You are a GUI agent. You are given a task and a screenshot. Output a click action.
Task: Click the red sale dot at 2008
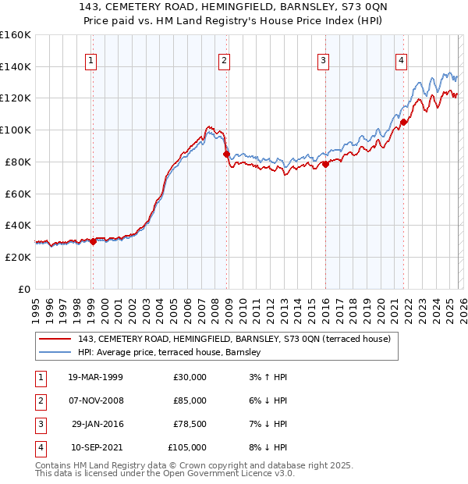pyautogui.click(x=227, y=154)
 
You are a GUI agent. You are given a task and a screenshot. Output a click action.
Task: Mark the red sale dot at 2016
pyautogui.click(x=326, y=164)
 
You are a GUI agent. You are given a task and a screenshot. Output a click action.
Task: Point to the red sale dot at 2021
pyautogui.click(x=404, y=122)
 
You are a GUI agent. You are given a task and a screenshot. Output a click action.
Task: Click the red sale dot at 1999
pyautogui.click(x=93, y=241)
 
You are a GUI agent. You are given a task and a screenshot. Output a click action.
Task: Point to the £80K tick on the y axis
pyautogui.click(x=16, y=162)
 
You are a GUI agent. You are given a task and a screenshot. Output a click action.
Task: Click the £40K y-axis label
pyautogui.click(x=16, y=225)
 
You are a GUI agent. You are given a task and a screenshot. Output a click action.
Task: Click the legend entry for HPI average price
pyautogui.click(x=173, y=353)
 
